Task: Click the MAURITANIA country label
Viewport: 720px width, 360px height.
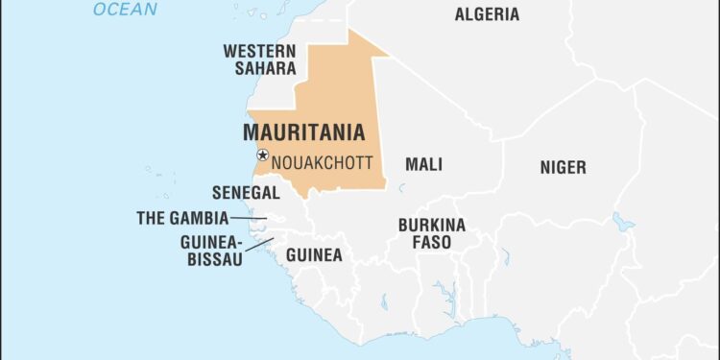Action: coord(303,132)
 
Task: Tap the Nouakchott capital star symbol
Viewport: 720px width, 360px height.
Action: coord(262,156)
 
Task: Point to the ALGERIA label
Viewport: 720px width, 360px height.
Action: coord(487,14)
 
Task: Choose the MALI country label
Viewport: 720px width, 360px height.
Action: coord(423,165)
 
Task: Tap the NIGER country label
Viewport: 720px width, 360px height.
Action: coord(563,168)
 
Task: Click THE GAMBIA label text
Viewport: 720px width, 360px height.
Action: coord(182,218)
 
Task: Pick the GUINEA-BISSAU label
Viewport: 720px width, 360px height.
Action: coord(211,251)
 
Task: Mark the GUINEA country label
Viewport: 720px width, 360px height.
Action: coord(314,255)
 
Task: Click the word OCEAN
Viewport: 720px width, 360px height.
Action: coord(125,10)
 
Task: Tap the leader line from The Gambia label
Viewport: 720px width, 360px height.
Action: coord(249,219)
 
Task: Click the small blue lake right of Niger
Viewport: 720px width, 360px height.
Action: coord(624,223)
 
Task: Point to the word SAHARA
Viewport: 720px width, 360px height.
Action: coord(257,68)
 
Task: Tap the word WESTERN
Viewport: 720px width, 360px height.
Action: coord(257,50)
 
